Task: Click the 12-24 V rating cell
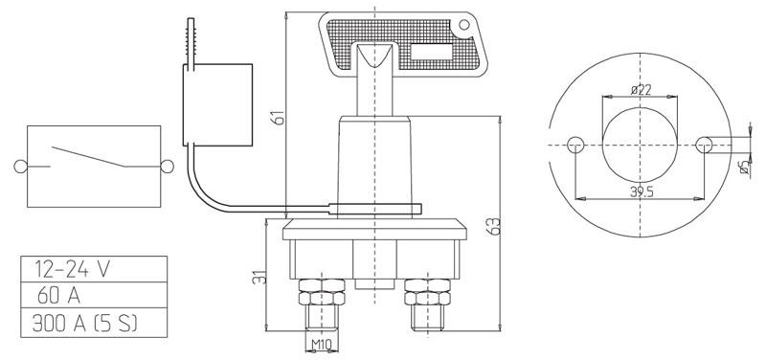[x=94, y=269]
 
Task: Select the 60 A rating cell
[x=94, y=295]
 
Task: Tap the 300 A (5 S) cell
[x=94, y=323]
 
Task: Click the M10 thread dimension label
[x=322, y=346]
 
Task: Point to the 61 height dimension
[x=278, y=117]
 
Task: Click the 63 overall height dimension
[x=494, y=226]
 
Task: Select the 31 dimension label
[x=261, y=277]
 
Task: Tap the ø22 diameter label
[x=641, y=89]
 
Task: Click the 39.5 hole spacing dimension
[x=642, y=191]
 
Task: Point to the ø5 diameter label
[x=745, y=167]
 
